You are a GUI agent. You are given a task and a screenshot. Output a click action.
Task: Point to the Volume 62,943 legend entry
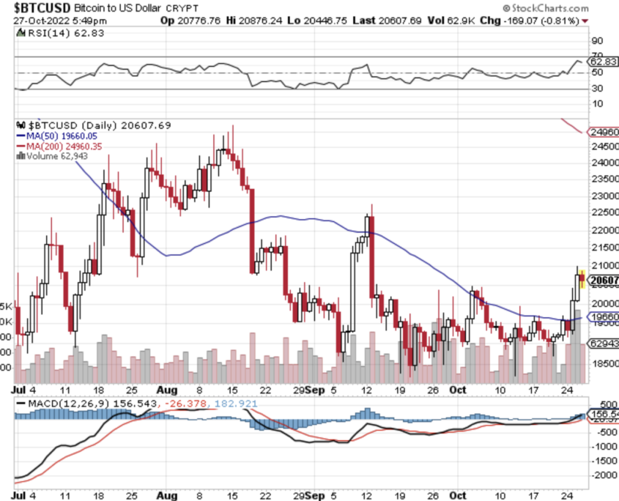[57, 156]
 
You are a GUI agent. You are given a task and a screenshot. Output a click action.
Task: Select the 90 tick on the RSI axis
[598, 41]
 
